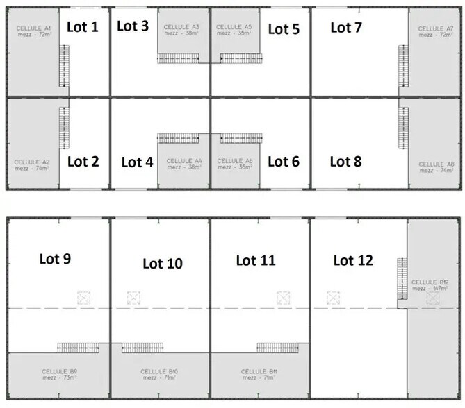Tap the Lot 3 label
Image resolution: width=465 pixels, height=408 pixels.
(132, 26)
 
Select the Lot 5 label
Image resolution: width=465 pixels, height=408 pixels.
(284, 28)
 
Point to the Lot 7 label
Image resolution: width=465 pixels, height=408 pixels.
(345, 27)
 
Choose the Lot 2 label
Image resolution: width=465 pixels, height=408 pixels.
(83, 162)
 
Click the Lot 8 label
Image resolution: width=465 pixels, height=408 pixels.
(345, 162)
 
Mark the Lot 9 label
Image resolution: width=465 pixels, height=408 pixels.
(56, 259)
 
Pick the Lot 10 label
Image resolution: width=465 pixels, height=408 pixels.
(162, 263)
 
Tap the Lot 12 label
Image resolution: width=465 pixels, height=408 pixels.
(353, 260)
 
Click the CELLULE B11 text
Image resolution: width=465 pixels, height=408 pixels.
(259, 375)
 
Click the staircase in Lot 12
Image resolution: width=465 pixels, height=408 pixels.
(400, 280)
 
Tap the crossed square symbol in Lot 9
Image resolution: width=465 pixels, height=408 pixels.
(84, 298)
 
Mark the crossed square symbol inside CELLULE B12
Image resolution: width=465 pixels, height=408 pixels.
(433, 298)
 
